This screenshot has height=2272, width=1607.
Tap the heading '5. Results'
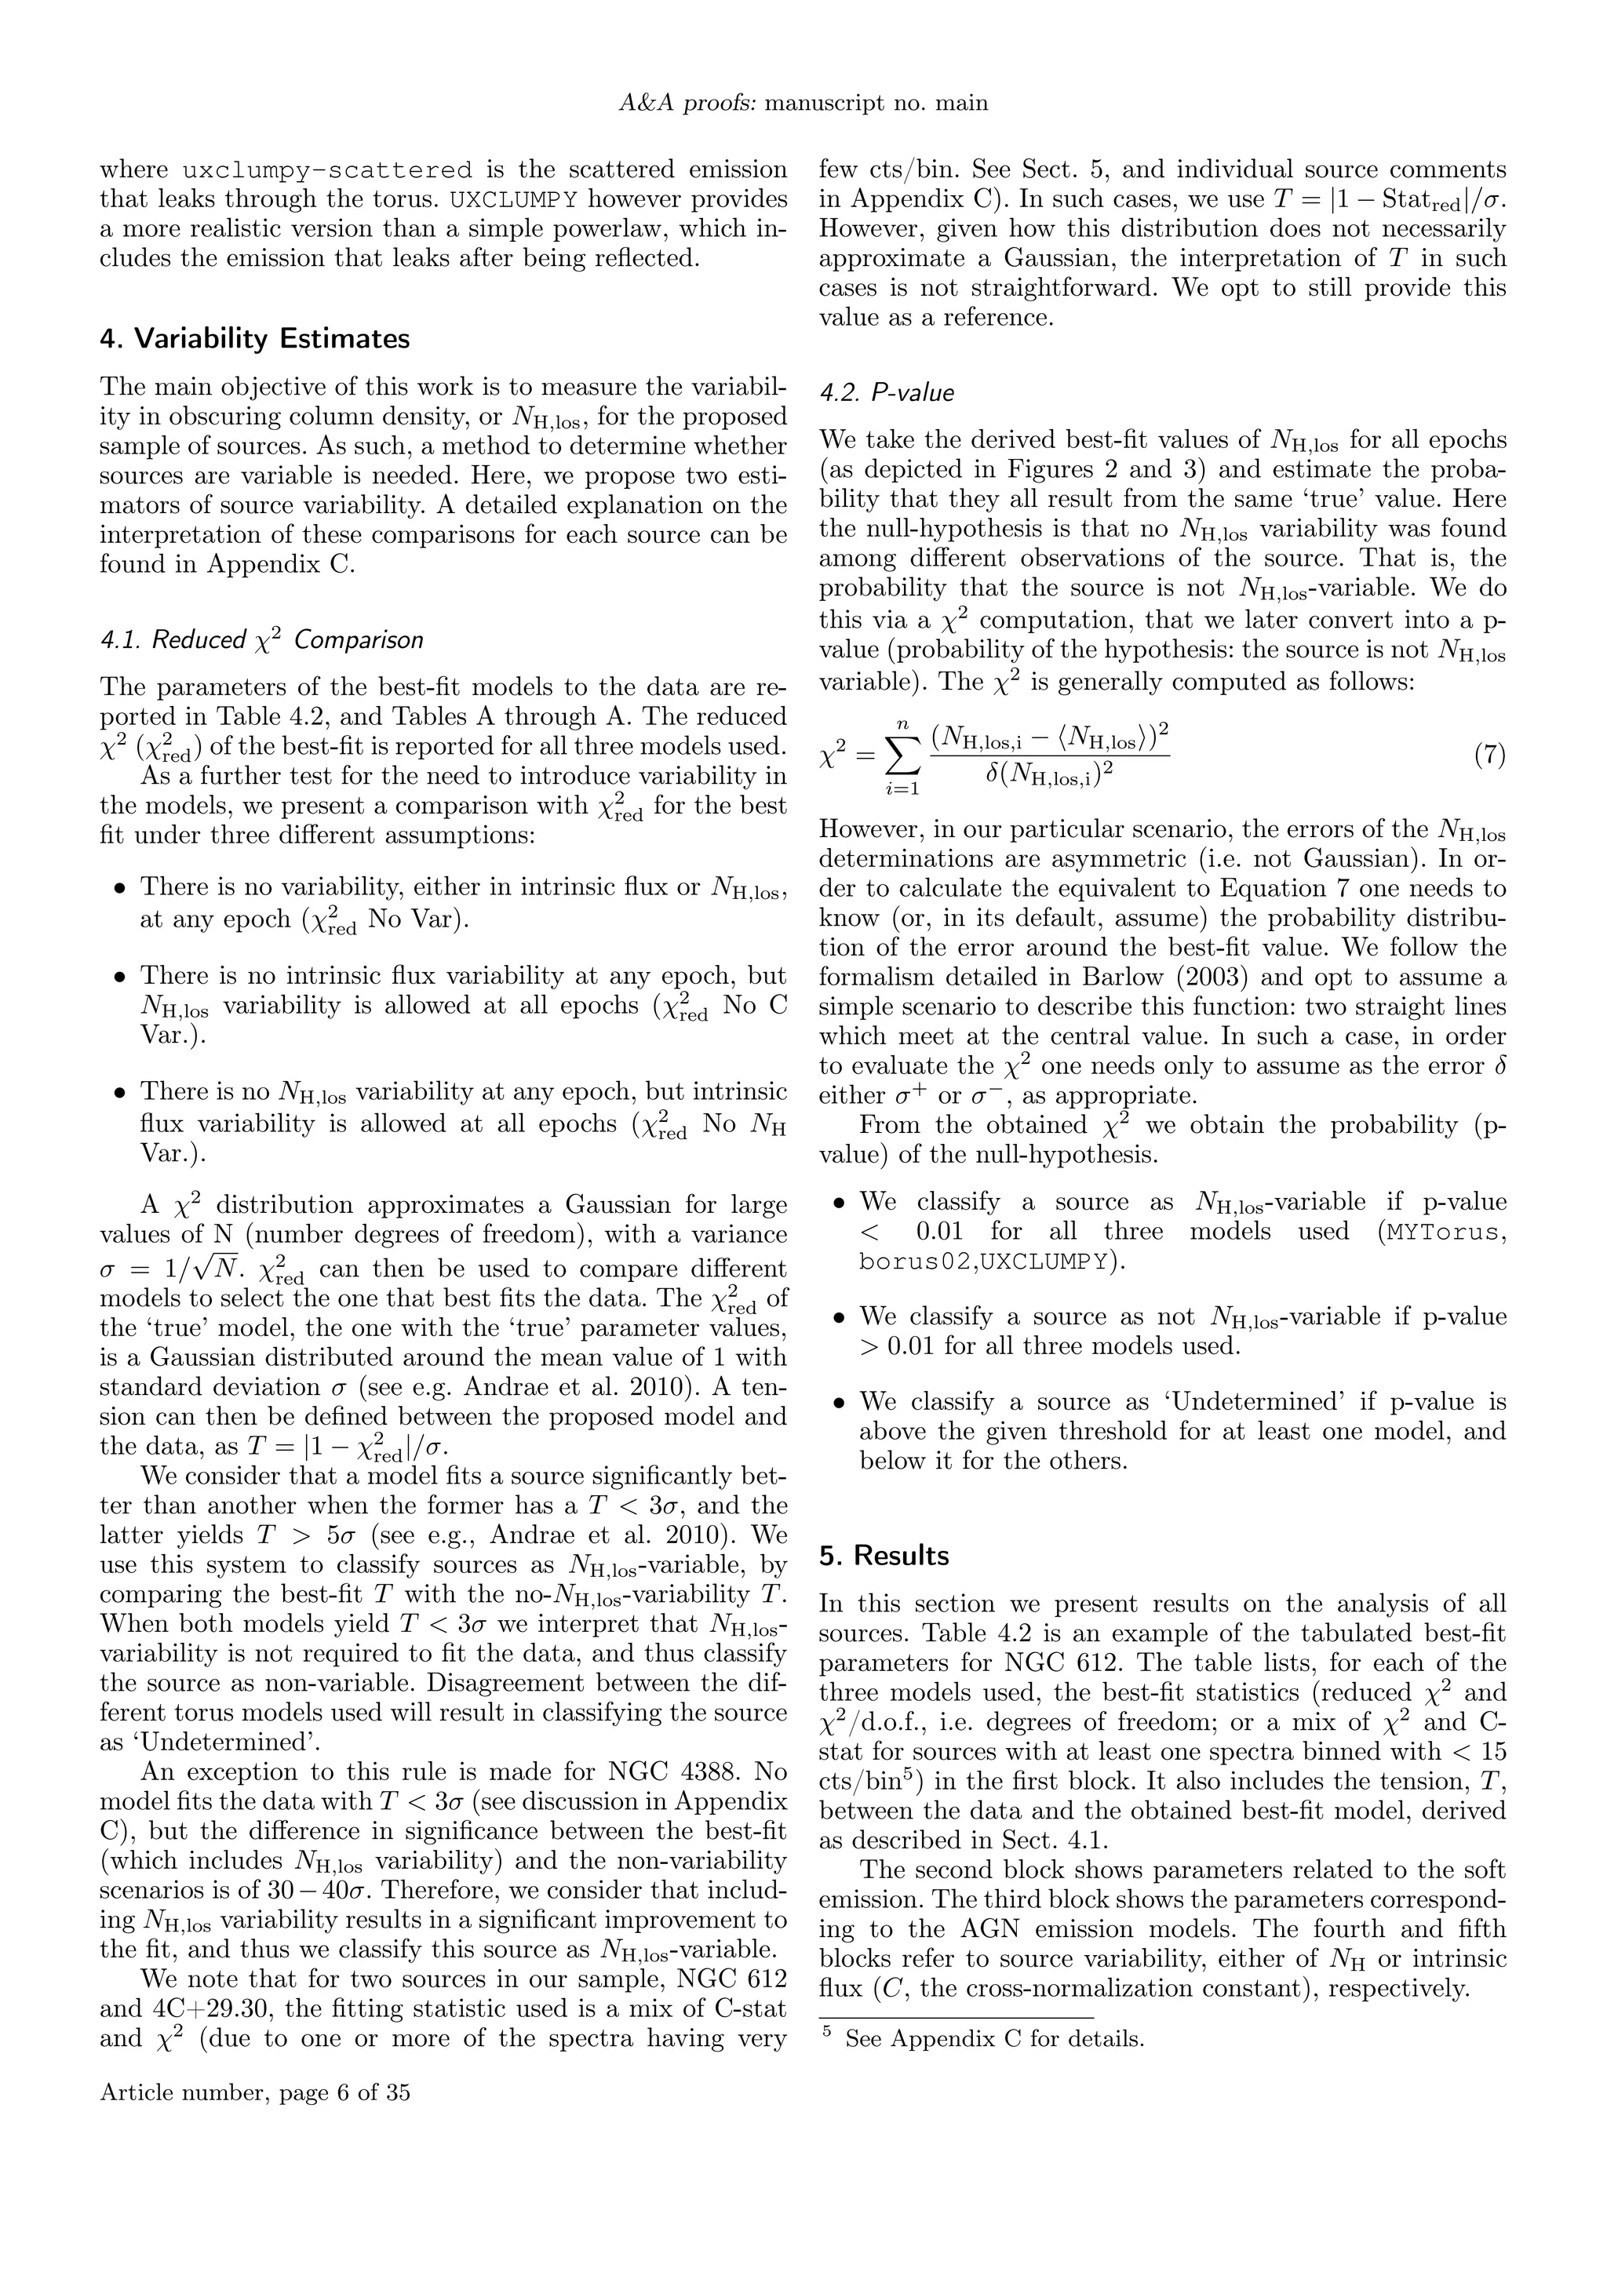[x=884, y=1556]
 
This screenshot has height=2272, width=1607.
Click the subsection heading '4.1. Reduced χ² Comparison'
[x=261, y=640]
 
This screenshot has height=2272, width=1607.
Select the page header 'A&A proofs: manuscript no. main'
[x=803, y=103]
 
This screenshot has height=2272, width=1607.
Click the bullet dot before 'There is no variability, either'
[x=120, y=887]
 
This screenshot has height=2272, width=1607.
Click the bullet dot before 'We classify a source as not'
[x=839, y=1318]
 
